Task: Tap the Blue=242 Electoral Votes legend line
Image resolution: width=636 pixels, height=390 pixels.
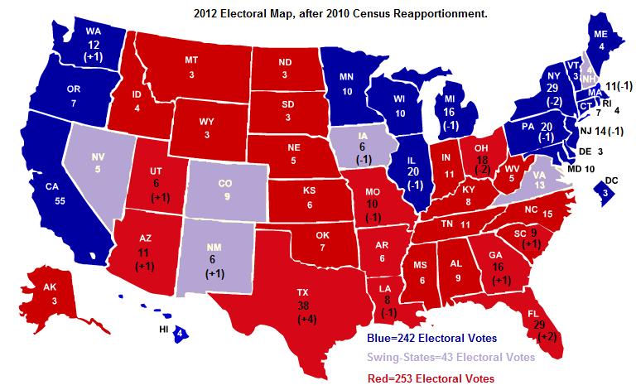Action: [x=432, y=338]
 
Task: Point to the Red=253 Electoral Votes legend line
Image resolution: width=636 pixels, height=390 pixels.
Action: [x=431, y=378]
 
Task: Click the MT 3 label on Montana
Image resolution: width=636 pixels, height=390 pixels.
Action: [x=192, y=69]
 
